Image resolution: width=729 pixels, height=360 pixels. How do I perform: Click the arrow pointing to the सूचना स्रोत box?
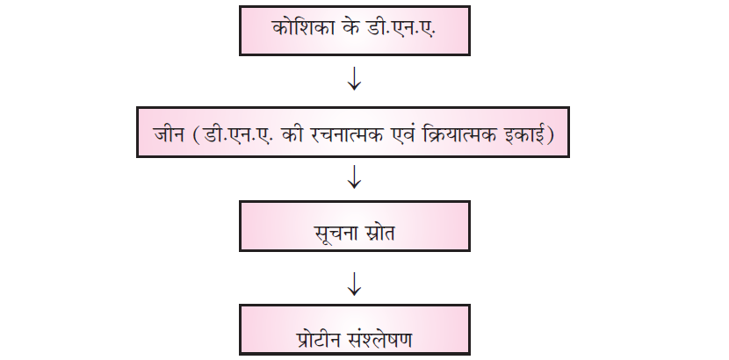tap(354, 178)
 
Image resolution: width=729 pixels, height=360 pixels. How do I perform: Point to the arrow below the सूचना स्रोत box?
tap(354, 282)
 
